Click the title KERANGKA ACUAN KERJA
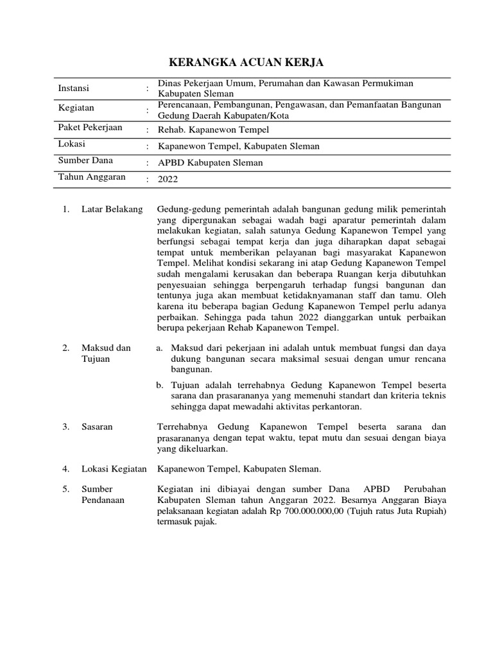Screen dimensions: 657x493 pos(246,62)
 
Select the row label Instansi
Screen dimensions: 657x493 pos(74,88)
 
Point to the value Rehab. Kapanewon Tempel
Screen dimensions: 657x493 pos(209,129)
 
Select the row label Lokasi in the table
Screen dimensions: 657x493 pos(71,144)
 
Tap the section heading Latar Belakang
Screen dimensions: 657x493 pos(112,210)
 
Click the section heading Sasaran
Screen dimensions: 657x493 pos(96,427)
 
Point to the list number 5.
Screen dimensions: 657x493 pos(65,489)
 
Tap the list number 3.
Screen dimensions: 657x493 pos(65,427)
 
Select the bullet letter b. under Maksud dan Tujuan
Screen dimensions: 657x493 pos(160,384)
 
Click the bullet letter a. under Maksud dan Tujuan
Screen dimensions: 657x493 pos(160,348)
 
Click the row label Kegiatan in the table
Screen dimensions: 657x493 pos(76,108)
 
